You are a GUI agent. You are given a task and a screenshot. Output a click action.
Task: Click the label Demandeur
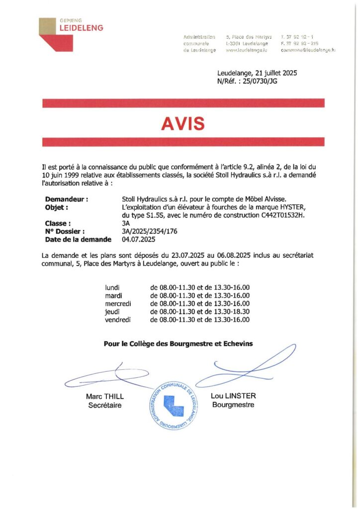66,199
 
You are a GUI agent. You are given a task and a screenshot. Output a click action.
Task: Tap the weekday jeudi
113,312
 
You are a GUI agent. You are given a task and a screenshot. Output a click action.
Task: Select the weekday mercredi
117,304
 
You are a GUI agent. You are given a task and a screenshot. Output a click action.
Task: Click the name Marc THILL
104,396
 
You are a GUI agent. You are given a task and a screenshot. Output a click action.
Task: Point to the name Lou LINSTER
233,396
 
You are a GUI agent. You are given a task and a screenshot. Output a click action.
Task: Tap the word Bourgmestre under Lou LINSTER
233,405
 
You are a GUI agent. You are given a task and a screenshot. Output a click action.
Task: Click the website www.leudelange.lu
247,50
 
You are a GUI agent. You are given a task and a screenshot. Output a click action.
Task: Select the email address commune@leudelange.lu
308,50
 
